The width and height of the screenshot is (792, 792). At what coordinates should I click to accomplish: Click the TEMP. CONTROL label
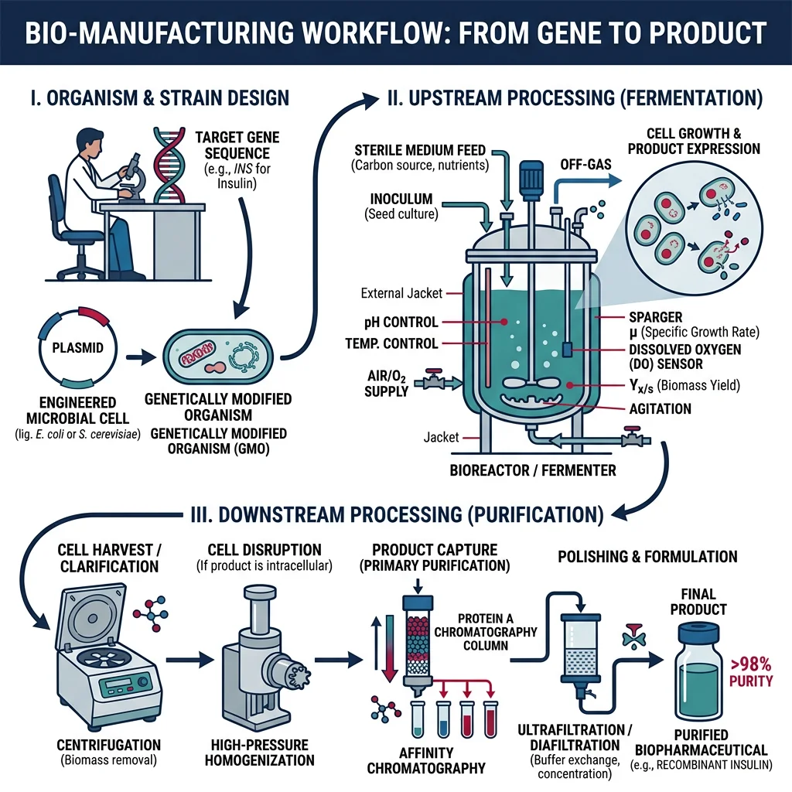(x=391, y=343)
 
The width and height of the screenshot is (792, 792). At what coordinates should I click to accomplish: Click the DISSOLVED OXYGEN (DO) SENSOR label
(x=672, y=357)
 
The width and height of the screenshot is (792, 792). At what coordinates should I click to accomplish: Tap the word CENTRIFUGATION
(x=109, y=745)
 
